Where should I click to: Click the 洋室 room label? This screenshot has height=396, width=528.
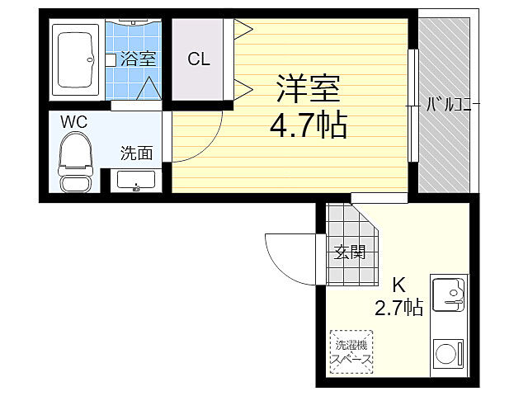pyautogui.click(x=309, y=87)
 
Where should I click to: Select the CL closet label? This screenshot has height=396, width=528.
pyautogui.click(x=198, y=59)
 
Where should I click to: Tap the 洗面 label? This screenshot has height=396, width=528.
pyautogui.click(x=137, y=153)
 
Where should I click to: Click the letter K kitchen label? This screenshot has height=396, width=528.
pyautogui.click(x=398, y=285)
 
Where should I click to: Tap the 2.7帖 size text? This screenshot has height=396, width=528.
pyautogui.click(x=398, y=309)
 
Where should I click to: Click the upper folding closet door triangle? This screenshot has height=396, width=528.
pyautogui.click(x=243, y=30)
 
